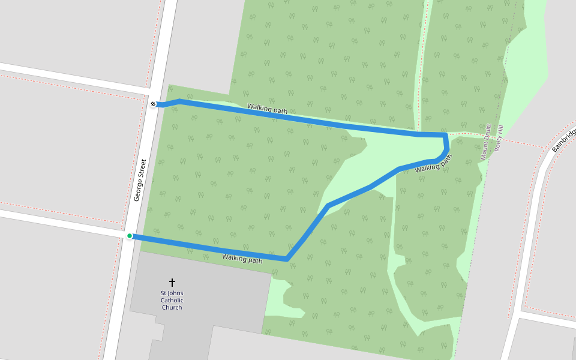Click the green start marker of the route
[130, 236]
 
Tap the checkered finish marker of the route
[154, 104]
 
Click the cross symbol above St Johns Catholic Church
[172, 281]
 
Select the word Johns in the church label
[175, 293]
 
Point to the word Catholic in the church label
[172, 300]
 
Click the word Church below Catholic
[172, 307]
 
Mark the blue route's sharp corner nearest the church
[287, 260]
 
